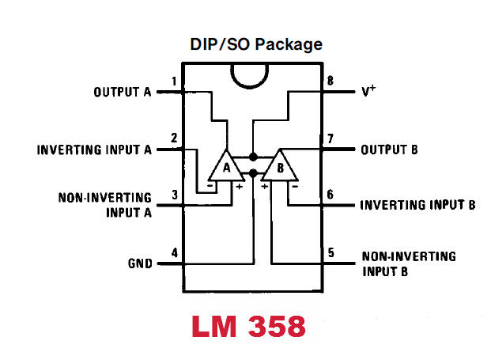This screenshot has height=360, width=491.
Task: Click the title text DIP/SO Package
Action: coord(255,44)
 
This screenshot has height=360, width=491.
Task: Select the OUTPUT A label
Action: coord(122,92)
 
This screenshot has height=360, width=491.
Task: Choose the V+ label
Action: coord(368,91)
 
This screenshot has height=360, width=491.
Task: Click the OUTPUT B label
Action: coord(389,149)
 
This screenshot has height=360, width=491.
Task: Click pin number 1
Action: coord(173,81)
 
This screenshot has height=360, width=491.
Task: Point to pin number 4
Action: coord(173,253)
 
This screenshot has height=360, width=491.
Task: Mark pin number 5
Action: coord(331,253)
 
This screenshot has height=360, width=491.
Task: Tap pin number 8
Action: coord(331,81)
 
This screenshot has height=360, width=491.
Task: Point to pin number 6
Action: coord(331,195)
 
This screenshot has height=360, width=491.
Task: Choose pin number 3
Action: coord(173,195)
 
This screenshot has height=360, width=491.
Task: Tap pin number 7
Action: coord(331,138)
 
